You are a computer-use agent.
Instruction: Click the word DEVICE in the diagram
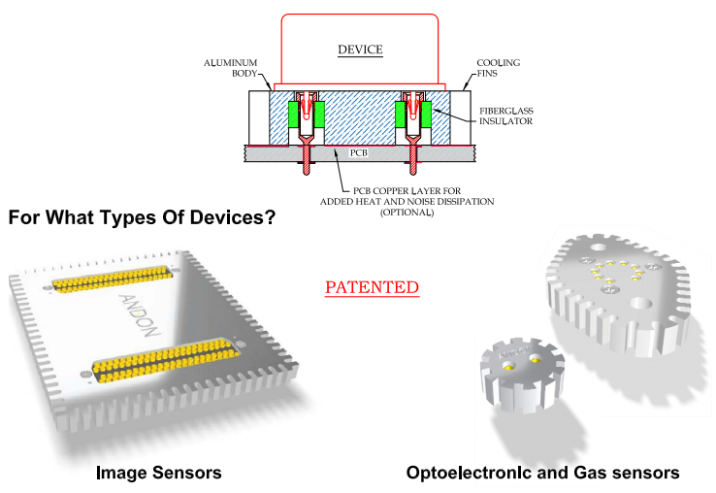pyautogui.click(x=360, y=49)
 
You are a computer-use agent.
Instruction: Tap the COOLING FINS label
pyautogui.click(x=498, y=67)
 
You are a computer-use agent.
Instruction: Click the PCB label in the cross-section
pyautogui.click(x=359, y=152)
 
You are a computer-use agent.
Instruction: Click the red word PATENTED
pyautogui.click(x=372, y=287)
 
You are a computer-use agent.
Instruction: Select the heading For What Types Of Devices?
pyautogui.click(x=142, y=217)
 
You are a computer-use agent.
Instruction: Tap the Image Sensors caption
pyautogui.click(x=159, y=473)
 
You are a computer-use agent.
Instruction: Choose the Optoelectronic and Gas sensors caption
pyautogui.click(x=543, y=473)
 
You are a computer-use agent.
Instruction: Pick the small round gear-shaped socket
pyautogui.click(x=514, y=372)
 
